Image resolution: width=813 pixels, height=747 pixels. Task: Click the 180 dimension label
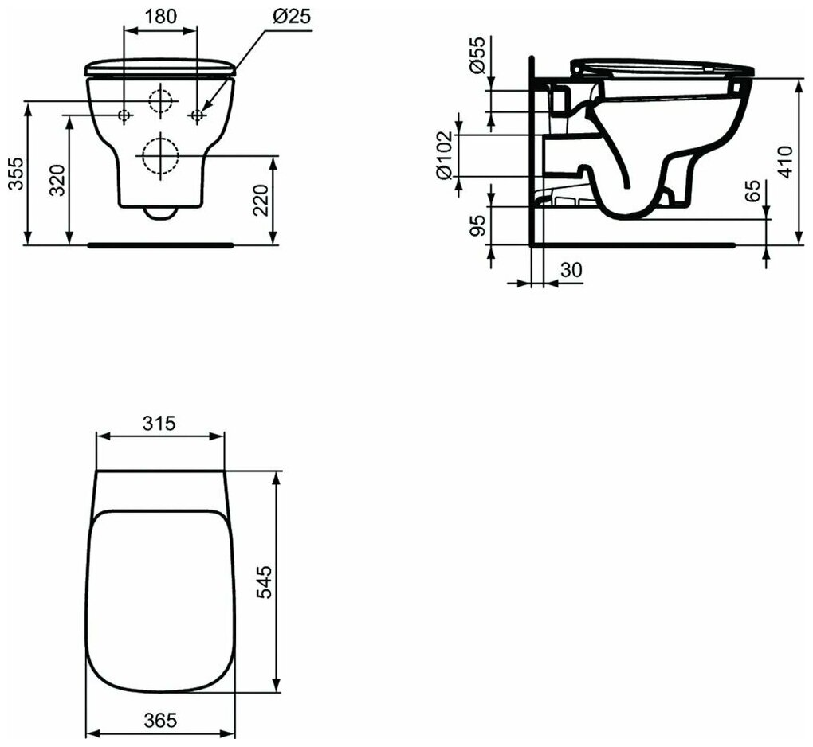click(160, 17)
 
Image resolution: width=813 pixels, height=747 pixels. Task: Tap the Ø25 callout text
click(292, 17)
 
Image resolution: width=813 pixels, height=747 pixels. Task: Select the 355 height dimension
click(16, 174)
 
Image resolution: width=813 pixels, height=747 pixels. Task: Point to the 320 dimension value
click(57, 180)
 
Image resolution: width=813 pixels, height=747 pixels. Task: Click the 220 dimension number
click(261, 200)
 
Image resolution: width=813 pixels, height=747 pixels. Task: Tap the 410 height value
click(786, 162)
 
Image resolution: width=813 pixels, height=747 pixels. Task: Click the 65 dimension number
click(753, 190)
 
